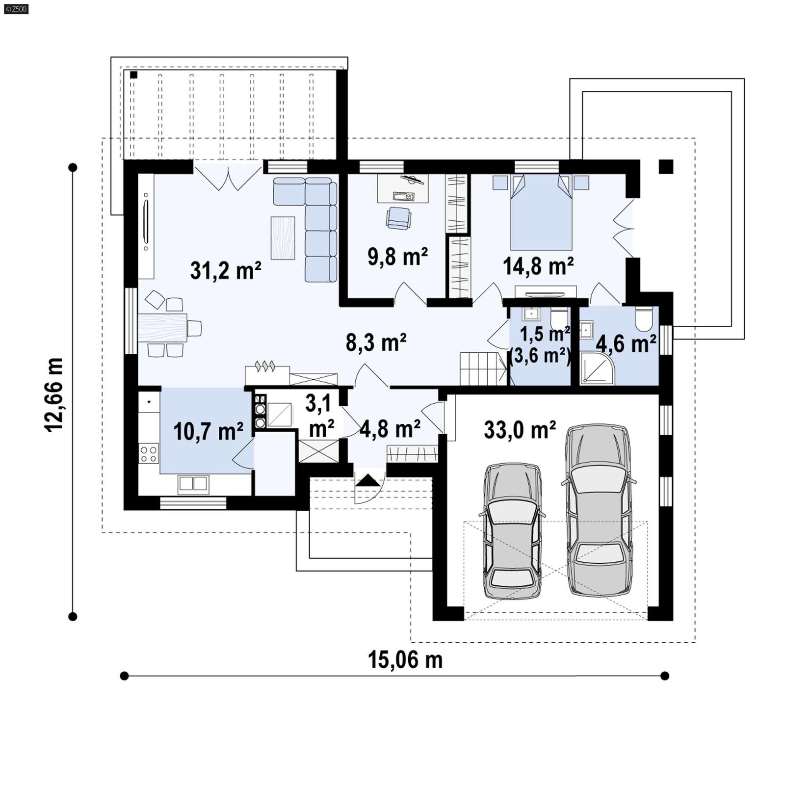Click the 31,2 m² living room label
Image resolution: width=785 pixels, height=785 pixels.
click(225, 270)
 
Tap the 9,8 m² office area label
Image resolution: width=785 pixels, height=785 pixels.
click(397, 257)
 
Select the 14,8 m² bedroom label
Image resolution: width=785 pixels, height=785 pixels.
click(538, 266)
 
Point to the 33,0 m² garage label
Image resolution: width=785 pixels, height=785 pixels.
click(520, 430)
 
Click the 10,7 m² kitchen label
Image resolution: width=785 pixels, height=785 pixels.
click(208, 431)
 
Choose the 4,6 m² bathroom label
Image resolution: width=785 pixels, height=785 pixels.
click(626, 343)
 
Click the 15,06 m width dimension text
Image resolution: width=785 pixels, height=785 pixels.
click(405, 660)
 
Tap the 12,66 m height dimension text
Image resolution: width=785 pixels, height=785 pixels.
click(54, 395)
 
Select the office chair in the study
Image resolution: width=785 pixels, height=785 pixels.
click(398, 218)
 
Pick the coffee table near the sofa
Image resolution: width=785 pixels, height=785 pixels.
click(283, 238)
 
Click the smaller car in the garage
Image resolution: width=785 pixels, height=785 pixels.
click(513, 531)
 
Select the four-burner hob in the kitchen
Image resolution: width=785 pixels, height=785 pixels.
click(149, 453)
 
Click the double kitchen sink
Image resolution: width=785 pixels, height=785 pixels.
click(193, 483)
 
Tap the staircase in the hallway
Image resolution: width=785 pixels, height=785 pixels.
click(482, 369)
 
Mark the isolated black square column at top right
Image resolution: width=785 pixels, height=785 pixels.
click(665, 167)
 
